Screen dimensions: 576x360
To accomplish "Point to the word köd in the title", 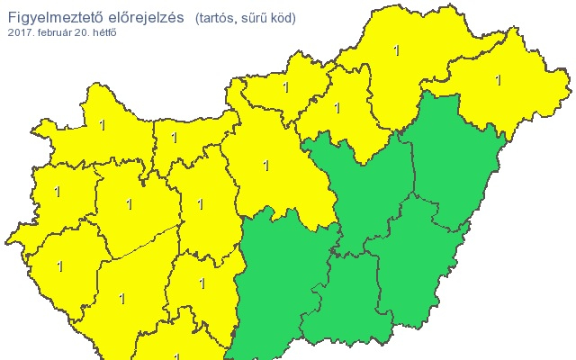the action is pyautogui.click(x=283, y=18).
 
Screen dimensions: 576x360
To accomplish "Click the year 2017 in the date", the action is pyautogui.click(x=19, y=32).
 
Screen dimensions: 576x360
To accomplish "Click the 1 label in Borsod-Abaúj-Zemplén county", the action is pyautogui.click(x=397, y=51).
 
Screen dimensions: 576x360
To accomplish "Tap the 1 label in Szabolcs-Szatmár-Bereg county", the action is pyautogui.click(x=498, y=80).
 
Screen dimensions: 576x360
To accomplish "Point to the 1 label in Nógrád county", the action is pyautogui.click(x=286, y=88).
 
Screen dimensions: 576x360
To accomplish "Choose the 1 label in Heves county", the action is pyautogui.click(x=337, y=108).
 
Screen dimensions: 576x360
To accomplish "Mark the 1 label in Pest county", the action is pyautogui.click(x=265, y=166).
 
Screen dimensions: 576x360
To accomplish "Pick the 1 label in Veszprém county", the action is pyautogui.click(x=129, y=205).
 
